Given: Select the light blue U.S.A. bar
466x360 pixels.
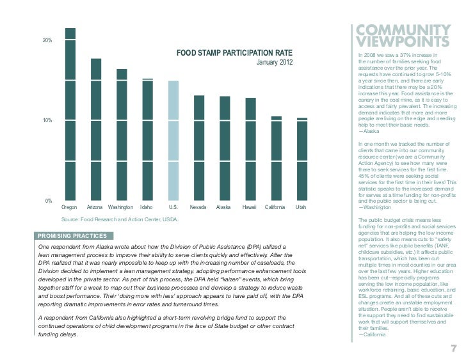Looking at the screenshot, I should [x=173, y=140].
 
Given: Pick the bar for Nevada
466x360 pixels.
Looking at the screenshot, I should [x=199, y=147].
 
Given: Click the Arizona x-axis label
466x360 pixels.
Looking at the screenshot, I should [x=95, y=208].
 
